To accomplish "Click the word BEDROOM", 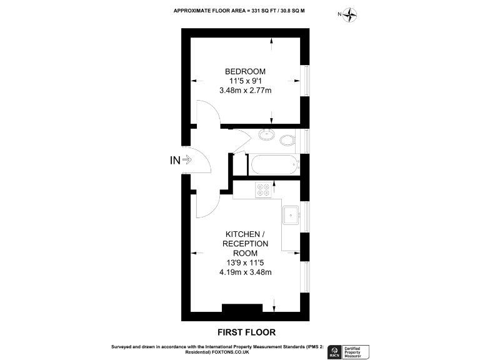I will [x=245, y=71].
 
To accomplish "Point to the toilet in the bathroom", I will [x=287, y=140].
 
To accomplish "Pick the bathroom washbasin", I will [x=267, y=134].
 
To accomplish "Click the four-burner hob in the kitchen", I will [x=263, y=189].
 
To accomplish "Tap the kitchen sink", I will [x=291, y=215].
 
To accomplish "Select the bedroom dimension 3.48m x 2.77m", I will [x=245, y=91].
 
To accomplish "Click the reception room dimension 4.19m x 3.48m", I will [x=245, y=272].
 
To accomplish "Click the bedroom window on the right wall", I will [x=306, y=81].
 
